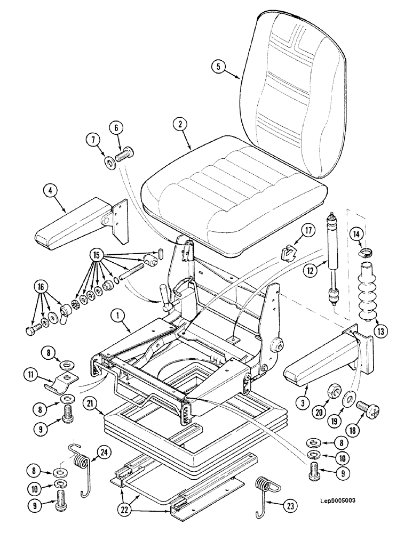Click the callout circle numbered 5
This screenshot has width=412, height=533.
click(217, 67)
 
